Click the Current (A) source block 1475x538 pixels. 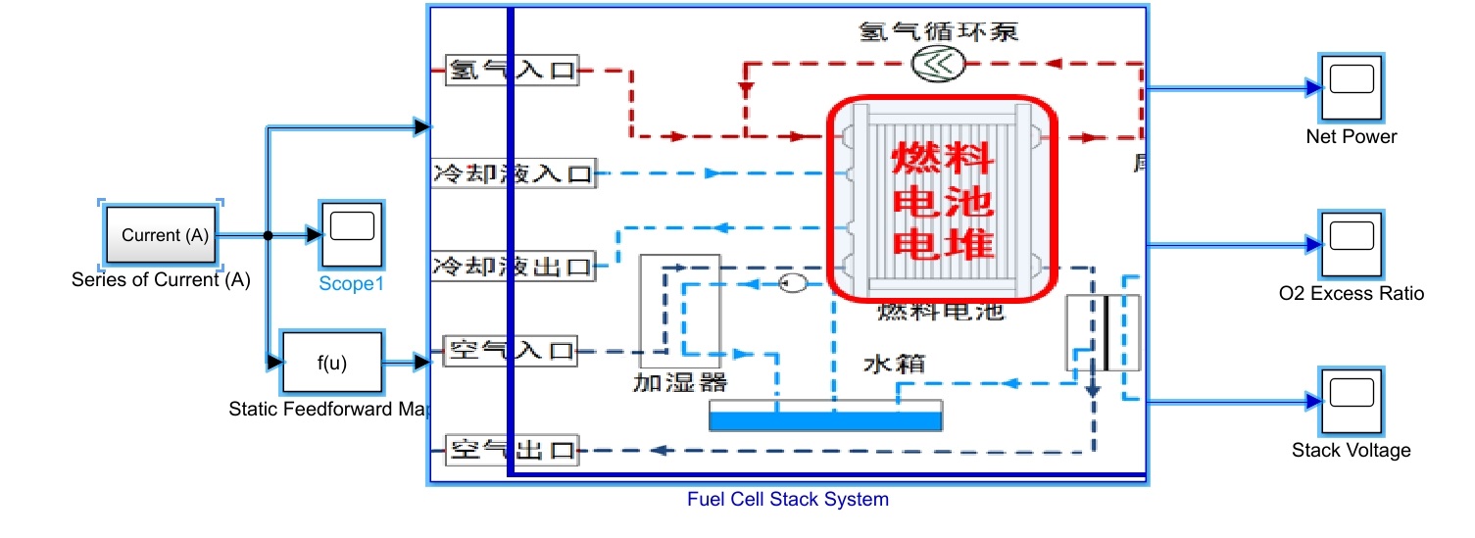161,235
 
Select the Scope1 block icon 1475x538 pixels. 351,234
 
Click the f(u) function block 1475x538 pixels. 331,363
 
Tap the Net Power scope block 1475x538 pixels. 1351,87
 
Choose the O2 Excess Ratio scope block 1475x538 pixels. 1351,242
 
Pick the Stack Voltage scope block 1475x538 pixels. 1351,401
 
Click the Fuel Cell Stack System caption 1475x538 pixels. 787,500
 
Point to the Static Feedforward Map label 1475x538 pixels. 327,409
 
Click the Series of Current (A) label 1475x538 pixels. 161,280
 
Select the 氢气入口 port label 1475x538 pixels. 512,71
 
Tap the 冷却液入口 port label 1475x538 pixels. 514,174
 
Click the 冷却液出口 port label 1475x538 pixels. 514,266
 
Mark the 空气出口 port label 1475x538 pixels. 512,451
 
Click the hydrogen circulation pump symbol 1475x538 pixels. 938,64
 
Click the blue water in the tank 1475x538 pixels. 825,421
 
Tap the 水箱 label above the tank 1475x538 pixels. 893,364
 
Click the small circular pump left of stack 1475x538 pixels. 792,283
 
